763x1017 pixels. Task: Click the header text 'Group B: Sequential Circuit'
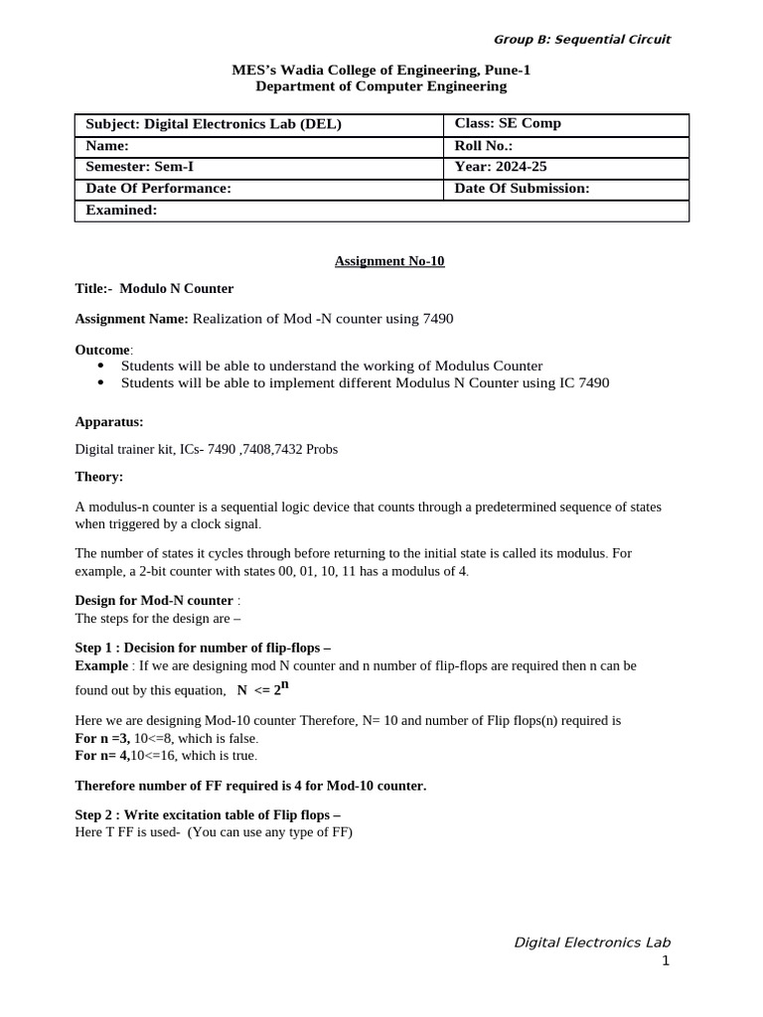click(581, 40)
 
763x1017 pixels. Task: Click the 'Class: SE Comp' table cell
click(508, 124)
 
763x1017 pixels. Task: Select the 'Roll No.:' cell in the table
click(483, 146)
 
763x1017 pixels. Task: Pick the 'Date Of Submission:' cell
click(522, 189)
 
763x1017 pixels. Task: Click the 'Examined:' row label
click(121, 210)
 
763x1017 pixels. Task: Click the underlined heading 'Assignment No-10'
click(389, 261)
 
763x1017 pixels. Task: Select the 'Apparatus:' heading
click(109, 421)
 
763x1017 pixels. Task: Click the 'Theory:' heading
click(99, 477)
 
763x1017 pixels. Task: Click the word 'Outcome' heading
click(102, 350)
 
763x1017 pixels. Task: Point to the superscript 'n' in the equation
click(285, 684)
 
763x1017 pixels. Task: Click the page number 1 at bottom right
click(666, 960)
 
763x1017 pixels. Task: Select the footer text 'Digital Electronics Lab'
click(591, 942)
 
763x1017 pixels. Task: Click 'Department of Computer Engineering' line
click(381, 86)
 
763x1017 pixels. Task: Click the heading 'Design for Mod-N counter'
click(154, 601)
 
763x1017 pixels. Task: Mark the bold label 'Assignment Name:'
click(131, 319)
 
